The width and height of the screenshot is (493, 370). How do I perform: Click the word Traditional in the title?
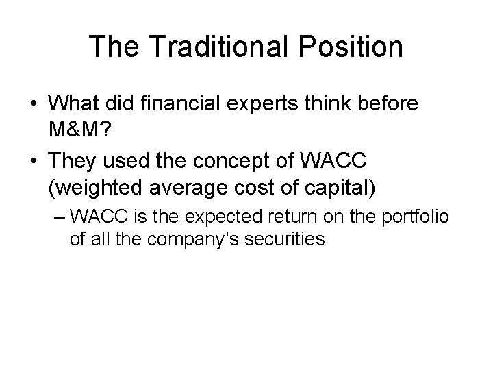pos(211,47)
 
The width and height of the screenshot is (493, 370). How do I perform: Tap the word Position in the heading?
pos(346,47)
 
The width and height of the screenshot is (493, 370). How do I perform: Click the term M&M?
pos(84,129)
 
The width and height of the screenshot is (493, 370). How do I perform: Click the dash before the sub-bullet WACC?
pos(59,219)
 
